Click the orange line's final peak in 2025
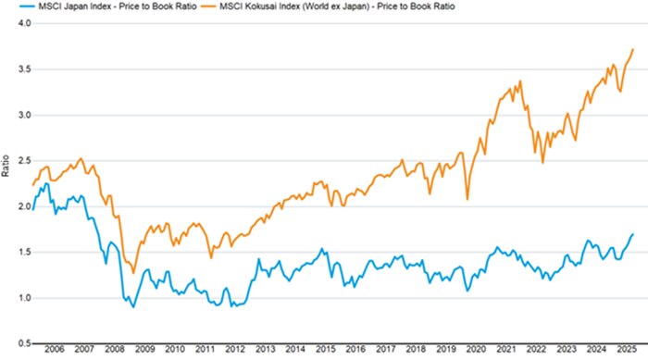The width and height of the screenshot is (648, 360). (x=633, y=49)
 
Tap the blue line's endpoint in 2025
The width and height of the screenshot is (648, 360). (x=633, y=234)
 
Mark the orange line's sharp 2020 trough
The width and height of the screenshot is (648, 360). (x=467, y=199)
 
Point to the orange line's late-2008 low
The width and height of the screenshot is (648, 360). (x=134, y=273)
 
